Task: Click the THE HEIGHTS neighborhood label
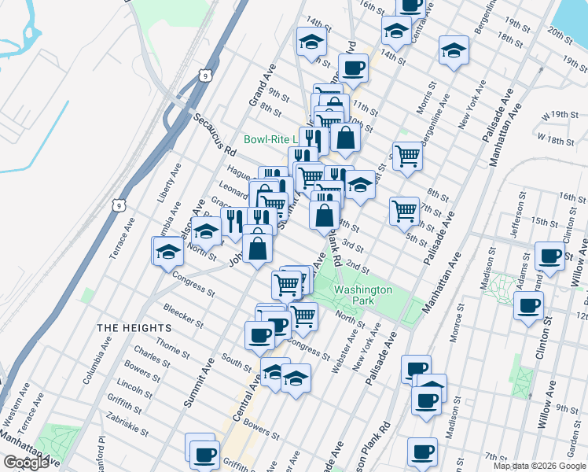(x=134, y=327)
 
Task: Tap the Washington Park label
(x=362, y=295)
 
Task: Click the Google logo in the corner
(x=26, y=463)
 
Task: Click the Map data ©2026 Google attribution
(x=538, y=466)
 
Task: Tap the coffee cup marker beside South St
(x=259, y=336)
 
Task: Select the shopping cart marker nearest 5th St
(x=404, y=210)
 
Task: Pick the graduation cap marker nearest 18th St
(x=454, y=50)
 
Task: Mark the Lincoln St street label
(x=137, y=391)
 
